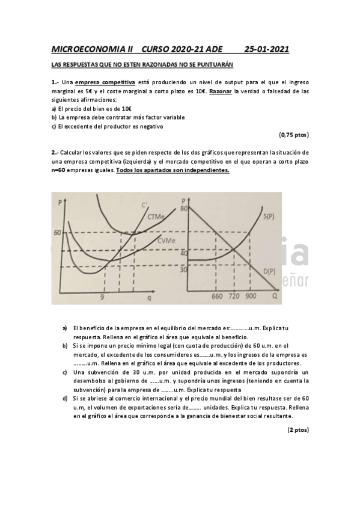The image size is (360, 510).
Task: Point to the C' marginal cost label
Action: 144,206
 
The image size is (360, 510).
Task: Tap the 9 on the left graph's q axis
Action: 102,296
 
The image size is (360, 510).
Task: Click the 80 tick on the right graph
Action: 185,208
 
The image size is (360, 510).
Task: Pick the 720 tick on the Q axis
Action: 234,296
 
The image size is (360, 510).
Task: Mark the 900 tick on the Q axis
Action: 251,296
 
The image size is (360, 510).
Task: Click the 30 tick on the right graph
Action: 184,270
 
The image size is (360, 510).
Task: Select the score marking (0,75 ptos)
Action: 294,135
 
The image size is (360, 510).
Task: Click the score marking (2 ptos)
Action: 298,430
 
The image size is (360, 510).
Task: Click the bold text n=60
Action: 59,170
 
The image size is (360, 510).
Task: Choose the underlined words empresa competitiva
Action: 105,82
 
